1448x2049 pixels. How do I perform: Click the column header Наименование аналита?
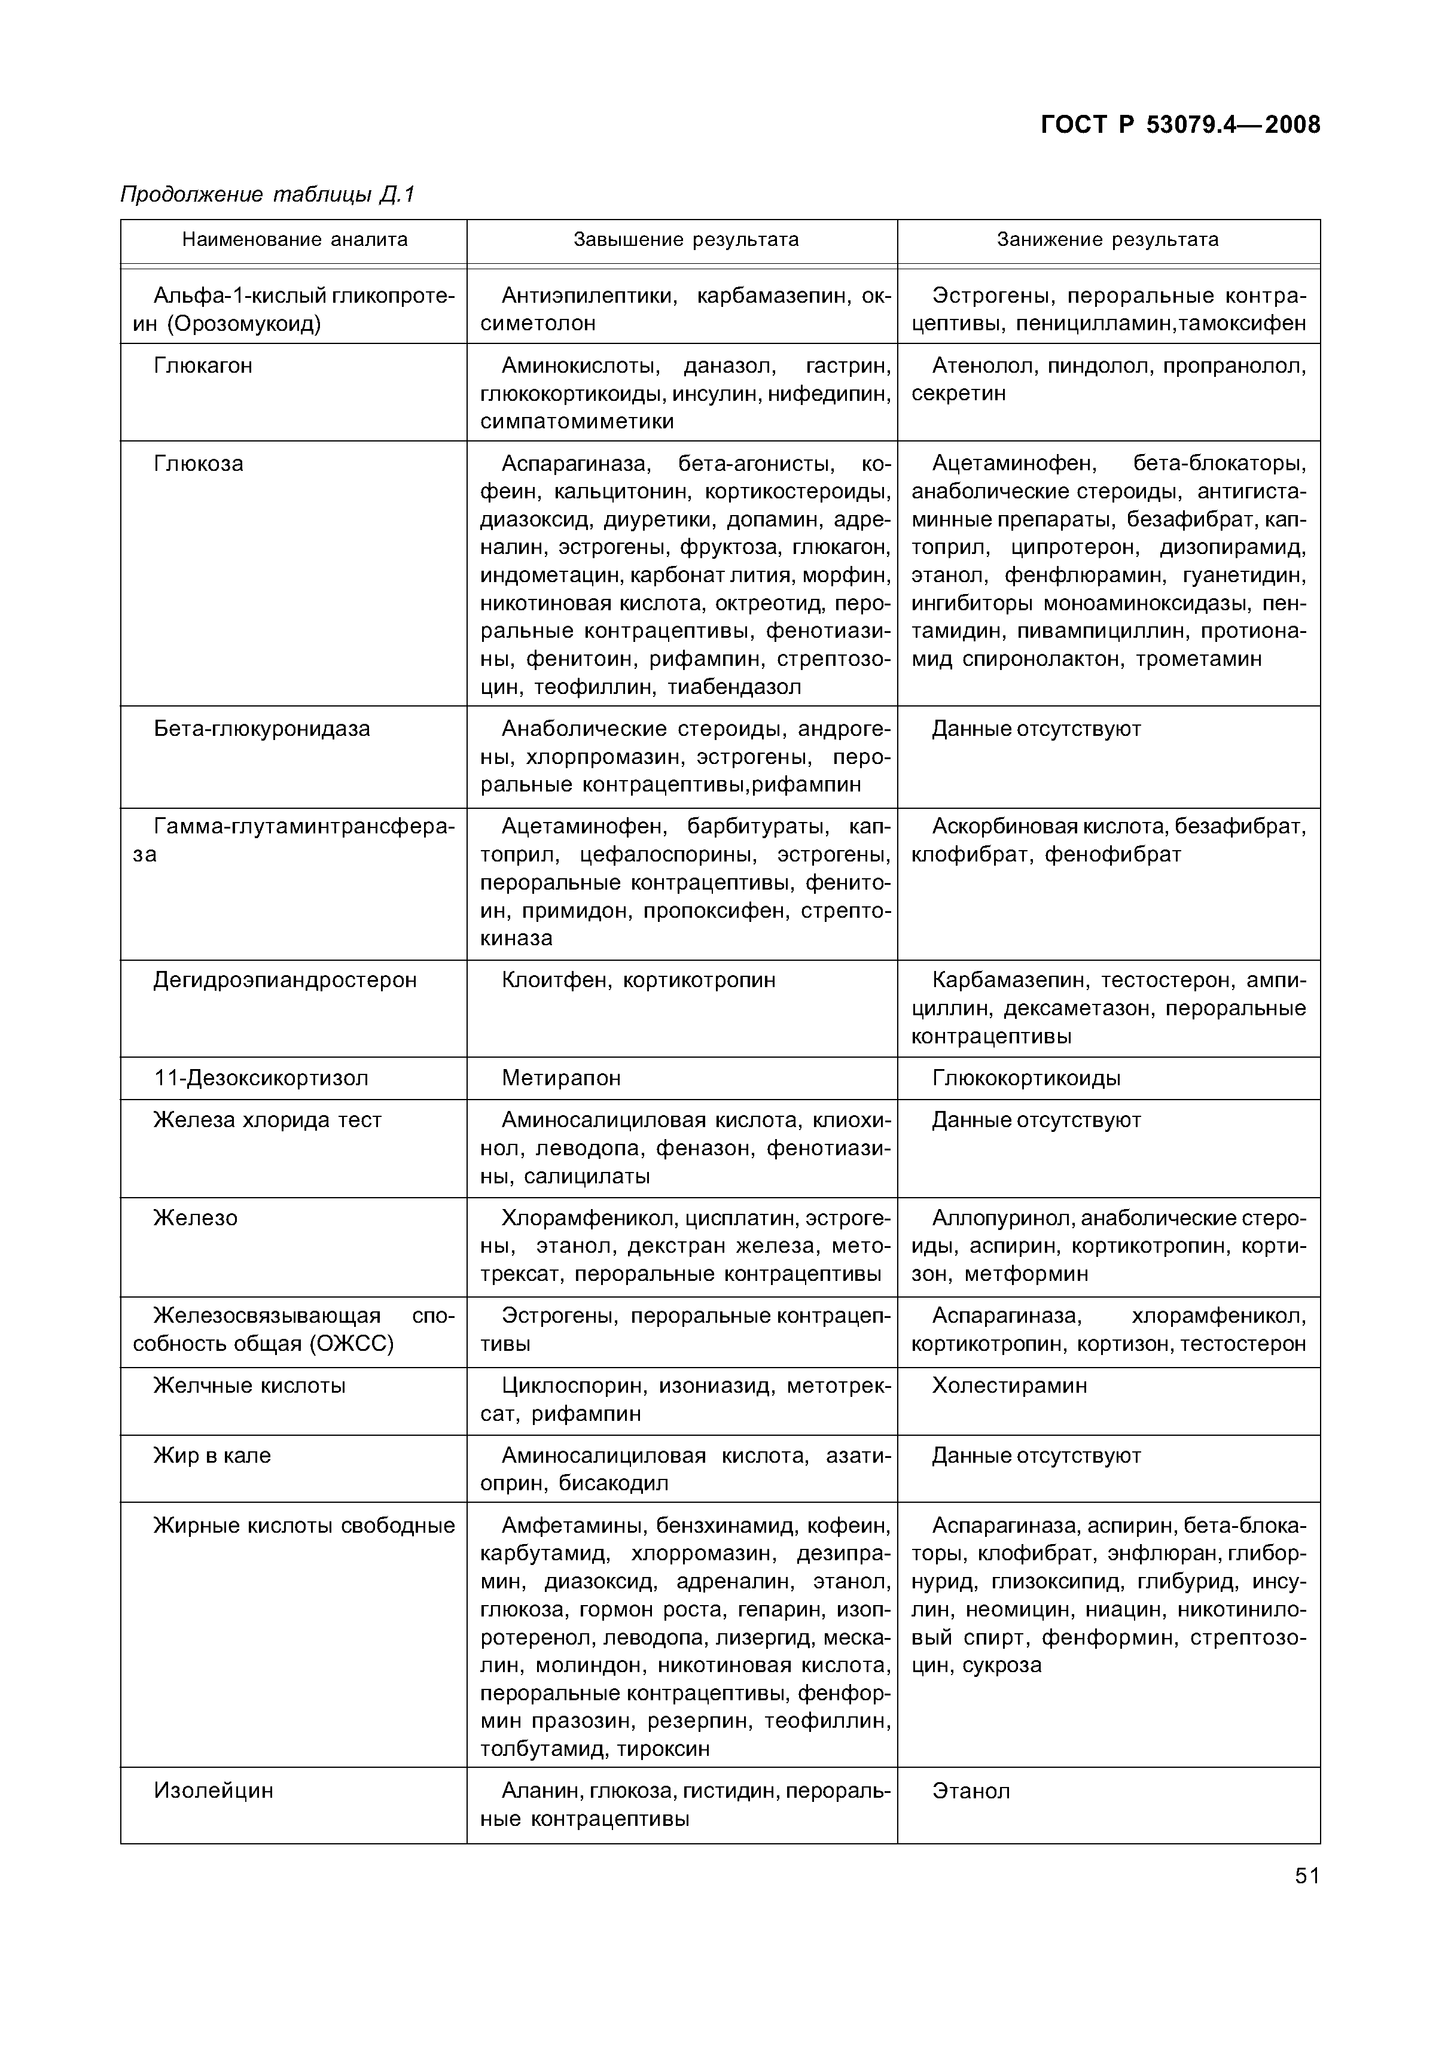294,239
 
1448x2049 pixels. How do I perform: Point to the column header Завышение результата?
685,239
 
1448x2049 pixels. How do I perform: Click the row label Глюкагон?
203,366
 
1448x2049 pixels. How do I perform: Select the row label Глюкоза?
198,464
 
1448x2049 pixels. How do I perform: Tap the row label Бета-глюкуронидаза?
261,729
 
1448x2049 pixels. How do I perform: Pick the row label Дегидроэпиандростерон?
285,980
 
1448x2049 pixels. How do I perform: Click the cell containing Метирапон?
561,1078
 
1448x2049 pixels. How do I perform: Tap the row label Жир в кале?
212,1456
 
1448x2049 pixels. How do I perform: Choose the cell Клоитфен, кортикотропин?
638,980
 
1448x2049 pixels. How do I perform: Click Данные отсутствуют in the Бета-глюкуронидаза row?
1036,729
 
